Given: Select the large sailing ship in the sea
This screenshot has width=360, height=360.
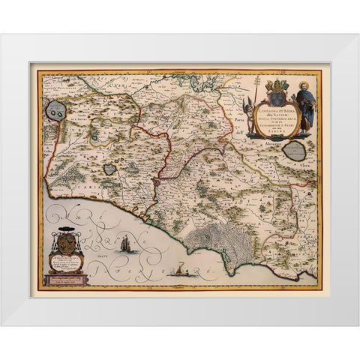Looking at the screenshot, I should pyautogui.click(x=126, y=243).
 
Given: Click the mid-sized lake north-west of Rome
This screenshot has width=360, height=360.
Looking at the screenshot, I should pyautogui.click(x=110, y=169).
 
